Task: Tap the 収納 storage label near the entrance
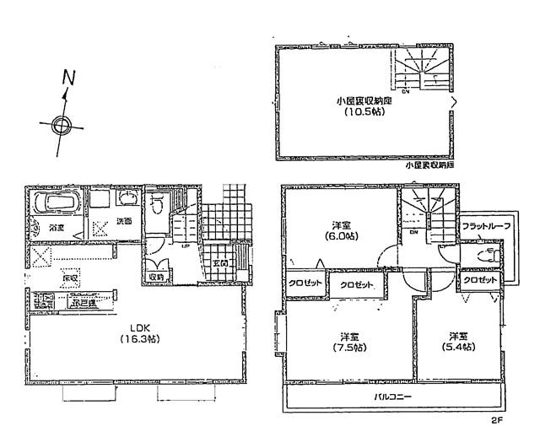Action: click(x=157, y=276)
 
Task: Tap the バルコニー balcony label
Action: click(x=394, y=396)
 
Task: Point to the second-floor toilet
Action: click(x=485, y=257)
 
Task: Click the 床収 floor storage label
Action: click(x=69, y=277)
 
